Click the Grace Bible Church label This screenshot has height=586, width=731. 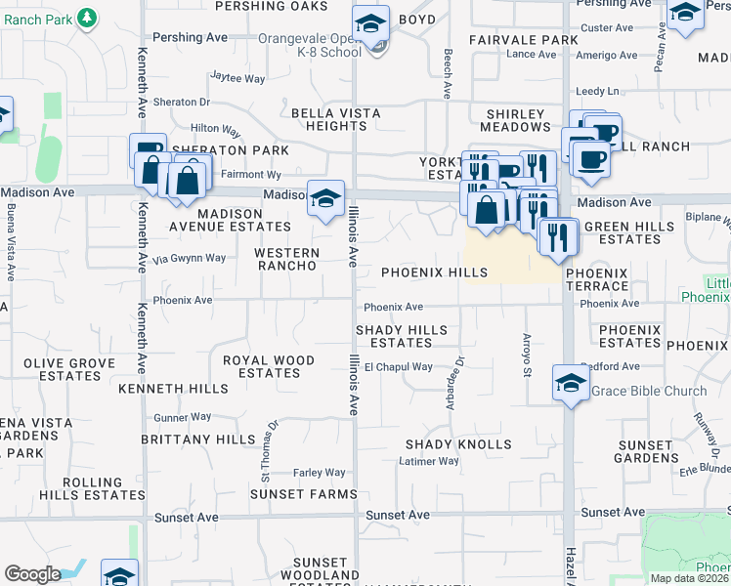point(649,392)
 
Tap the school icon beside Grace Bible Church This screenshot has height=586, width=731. point(572,384)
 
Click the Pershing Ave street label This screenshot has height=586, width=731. point(191,38)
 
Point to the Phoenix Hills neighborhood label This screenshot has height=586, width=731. point(434,272)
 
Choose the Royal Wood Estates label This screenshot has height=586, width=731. point(269,366)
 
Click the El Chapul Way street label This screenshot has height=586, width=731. point(398,367)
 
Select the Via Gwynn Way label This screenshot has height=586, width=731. point(190,259)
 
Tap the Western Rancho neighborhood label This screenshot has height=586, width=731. point(285,259)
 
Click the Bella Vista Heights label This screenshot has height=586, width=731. point(336,120)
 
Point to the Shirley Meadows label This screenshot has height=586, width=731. point(518,120)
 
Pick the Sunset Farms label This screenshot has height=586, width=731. point(303,494)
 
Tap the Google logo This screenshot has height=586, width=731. point(33,574)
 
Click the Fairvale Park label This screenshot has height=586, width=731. point(524,40)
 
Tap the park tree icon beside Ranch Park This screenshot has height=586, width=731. point(87,18)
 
